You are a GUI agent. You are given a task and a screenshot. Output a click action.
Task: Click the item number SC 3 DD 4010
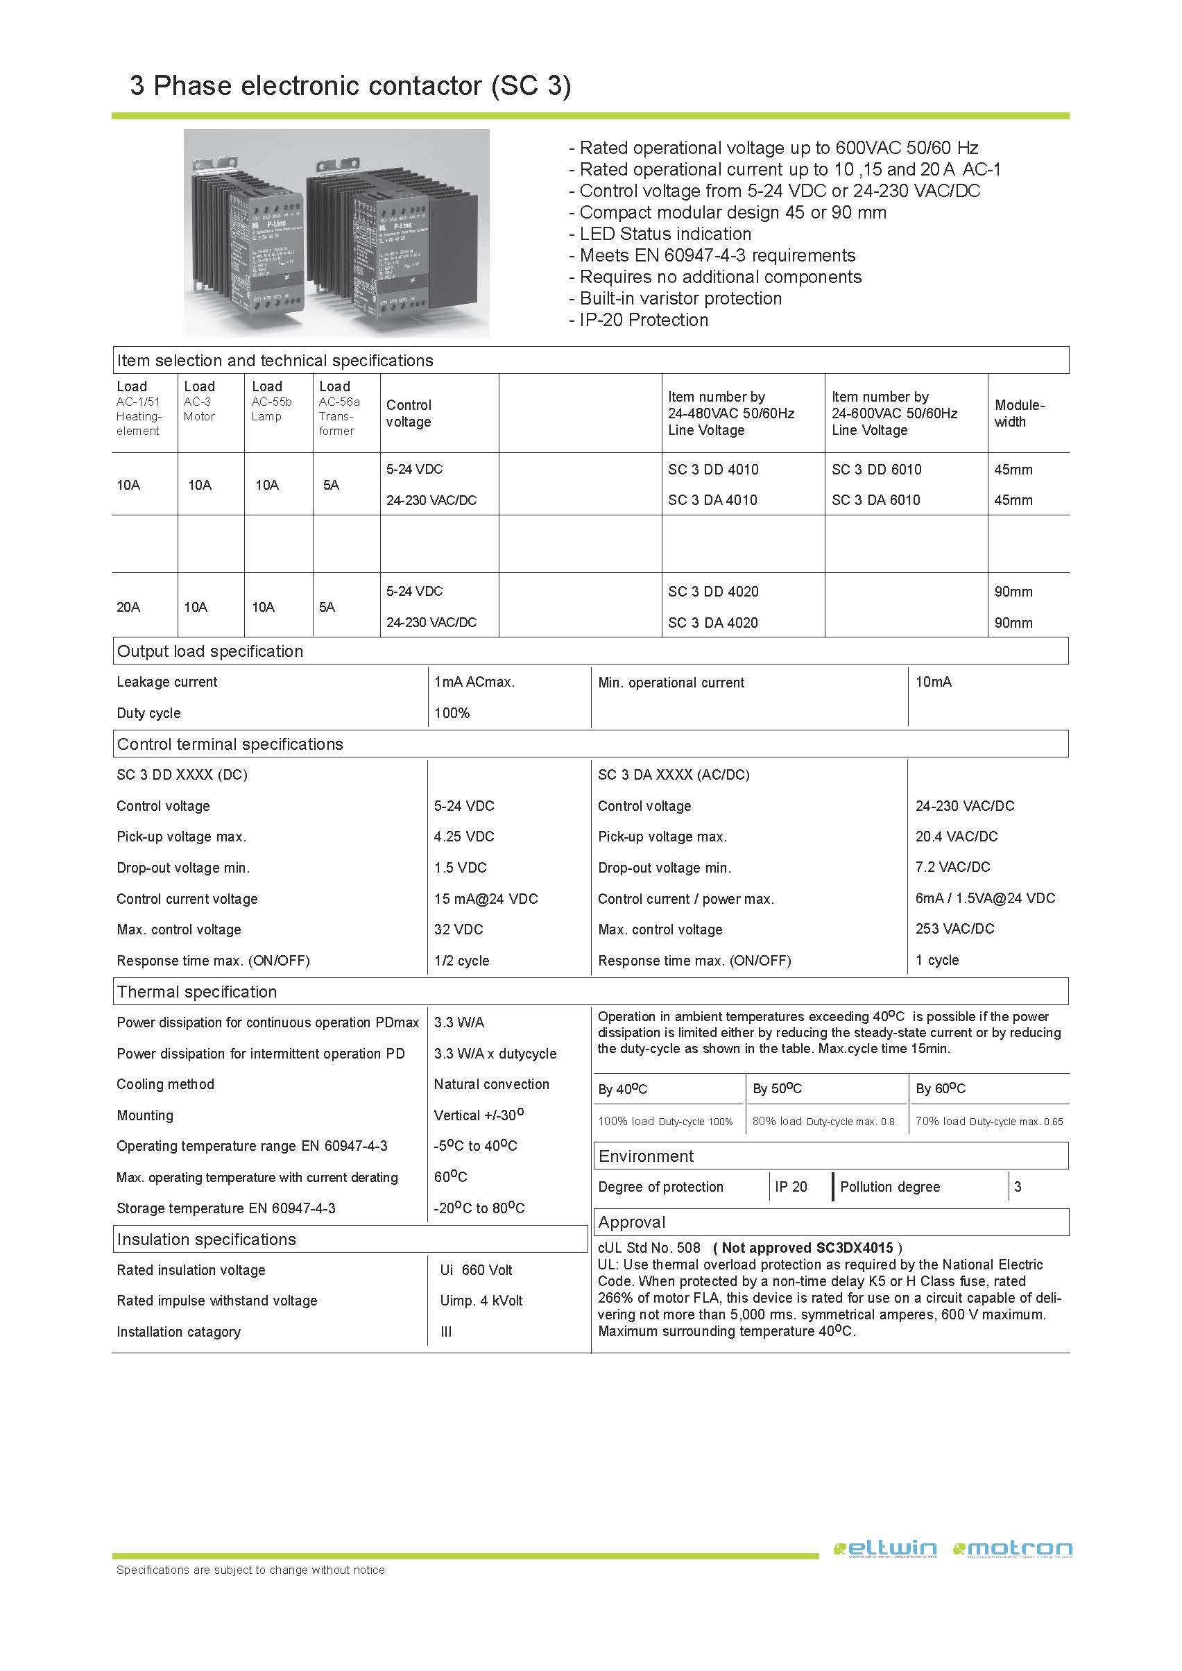click(x=712, y=470)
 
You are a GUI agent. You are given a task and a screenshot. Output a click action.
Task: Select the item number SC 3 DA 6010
click(x=875, y=500)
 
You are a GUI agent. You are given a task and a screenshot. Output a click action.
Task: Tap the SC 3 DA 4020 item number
click(x=712, y=622)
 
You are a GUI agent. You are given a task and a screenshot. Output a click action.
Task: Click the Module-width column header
click(x=1019, y=413)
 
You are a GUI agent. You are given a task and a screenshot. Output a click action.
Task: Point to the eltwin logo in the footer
click(x=884, y=1550)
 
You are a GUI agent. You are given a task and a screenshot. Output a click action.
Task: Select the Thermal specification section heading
click(x=196, y=991)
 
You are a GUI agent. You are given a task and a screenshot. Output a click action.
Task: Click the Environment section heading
click(x=646, y=1156)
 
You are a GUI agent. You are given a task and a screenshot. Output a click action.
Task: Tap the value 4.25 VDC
click(x=463, y=837)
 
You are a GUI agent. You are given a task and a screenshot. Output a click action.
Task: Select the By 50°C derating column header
click(x=777, y=1089)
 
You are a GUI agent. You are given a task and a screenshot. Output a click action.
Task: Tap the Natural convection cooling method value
click(x=491, y=1083)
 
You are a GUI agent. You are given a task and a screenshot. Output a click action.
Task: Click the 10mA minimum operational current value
click(x=933, y=682)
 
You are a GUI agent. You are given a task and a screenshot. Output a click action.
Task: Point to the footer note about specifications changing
click(x=250, y=1570)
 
